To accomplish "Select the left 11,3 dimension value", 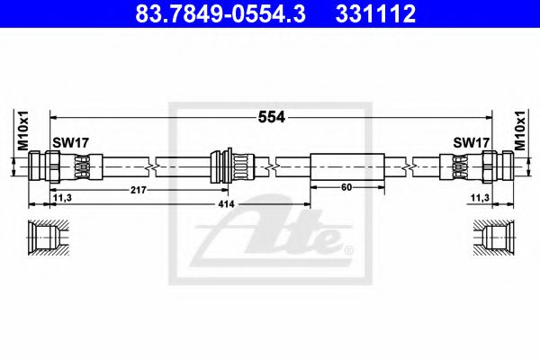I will pos(62,198).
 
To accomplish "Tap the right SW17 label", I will pos(470,142).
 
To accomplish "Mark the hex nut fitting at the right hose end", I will pos(495,166).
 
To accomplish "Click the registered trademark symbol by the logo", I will pos(350,249).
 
